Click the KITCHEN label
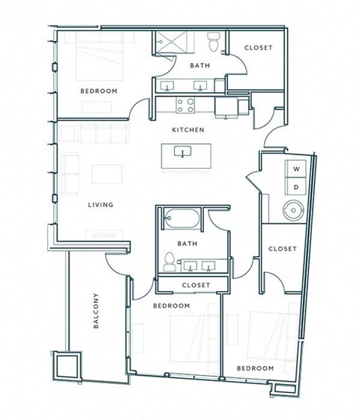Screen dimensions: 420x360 (188, 130)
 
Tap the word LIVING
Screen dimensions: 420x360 (100, 205)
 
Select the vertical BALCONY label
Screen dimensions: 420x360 (96, 310)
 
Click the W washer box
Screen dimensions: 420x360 (295, 169)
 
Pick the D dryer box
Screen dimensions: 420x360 (295, 186)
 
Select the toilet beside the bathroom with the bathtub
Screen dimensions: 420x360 (169, 262)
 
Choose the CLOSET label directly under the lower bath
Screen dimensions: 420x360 (196, 285)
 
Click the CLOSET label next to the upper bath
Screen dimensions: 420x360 (258, 48)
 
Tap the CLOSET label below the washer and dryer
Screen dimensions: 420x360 (283, 248)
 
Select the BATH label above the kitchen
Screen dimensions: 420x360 (199, 65)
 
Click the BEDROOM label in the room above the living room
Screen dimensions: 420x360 (99, 91)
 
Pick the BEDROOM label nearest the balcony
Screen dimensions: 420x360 (171, 306)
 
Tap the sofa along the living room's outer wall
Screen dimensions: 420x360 (72, 172)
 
